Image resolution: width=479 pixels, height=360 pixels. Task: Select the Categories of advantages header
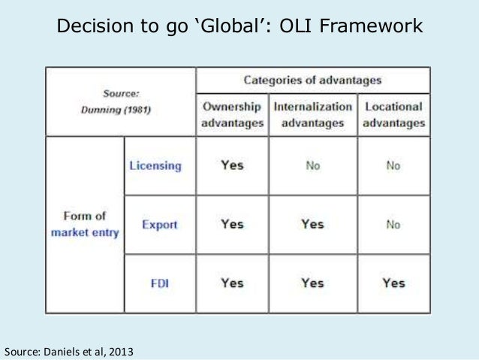click(312, 80)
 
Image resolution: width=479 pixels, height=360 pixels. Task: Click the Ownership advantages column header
click(232, 114)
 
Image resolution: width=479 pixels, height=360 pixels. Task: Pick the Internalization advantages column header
click(312, 114)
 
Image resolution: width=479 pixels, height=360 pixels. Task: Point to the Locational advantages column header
click(393, 114)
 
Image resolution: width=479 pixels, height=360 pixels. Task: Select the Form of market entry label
click(85, 224)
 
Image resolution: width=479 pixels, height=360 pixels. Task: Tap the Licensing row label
click(156, 166)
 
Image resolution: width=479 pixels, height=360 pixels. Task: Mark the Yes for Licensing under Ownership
click(232, 165)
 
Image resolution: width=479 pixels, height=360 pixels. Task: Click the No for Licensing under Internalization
click(312, 166)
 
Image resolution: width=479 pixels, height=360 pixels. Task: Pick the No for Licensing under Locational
click(393, 166)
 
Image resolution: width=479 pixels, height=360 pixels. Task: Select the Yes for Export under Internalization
click(312, 224)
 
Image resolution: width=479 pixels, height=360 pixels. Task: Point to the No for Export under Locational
click(393, 225)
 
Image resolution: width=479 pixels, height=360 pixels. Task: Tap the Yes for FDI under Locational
click(393, 283)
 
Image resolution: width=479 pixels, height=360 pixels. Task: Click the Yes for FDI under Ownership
click(232, 283)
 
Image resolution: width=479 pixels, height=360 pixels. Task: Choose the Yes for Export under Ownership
click(232, 224)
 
